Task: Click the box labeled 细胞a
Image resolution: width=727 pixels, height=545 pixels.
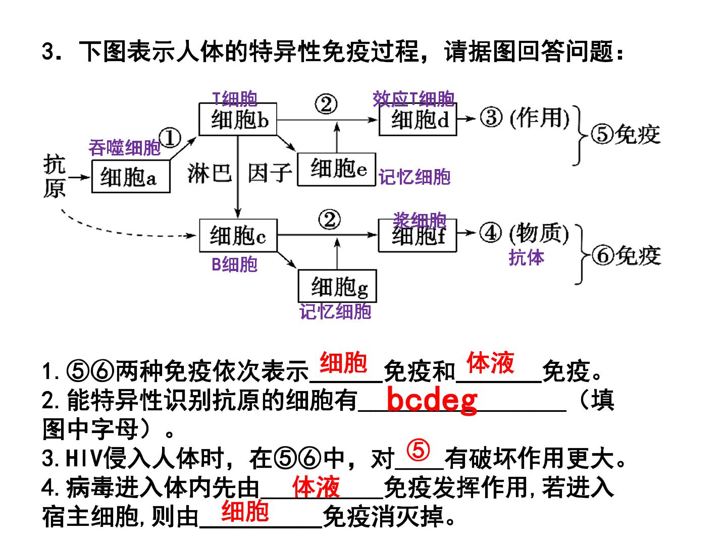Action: click(130, 177)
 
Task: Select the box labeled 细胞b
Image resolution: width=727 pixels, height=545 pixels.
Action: click(238, 119)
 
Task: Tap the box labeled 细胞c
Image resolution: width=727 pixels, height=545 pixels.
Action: click(238, 235)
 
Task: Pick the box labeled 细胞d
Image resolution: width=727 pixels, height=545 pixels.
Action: click(418, 119)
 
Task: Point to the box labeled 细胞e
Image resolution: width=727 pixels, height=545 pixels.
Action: click(337, 170)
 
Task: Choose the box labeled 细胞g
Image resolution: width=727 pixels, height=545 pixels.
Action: click(338, 286)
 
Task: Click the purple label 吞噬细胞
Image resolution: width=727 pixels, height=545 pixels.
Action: click(125, 147)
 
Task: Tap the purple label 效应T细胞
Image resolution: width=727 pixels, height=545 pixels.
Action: click(413, 98)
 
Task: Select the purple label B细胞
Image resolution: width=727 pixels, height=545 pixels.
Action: click(234, 264)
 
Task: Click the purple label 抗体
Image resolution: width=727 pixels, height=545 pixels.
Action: click(526, 257)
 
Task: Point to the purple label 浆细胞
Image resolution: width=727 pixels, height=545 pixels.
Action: click(420, 220)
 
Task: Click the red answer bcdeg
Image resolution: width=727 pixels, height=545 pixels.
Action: click(432, 401)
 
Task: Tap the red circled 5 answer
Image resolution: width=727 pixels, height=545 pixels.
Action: click(419, 450)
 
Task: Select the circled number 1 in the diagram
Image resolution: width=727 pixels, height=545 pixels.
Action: click(170, 138)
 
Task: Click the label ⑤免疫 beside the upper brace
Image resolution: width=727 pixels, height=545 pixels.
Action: click(626, 134)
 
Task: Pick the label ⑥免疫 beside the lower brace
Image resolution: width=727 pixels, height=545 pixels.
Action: click(627, 255)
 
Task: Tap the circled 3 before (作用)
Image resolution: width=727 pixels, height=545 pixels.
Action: click(491, 118)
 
